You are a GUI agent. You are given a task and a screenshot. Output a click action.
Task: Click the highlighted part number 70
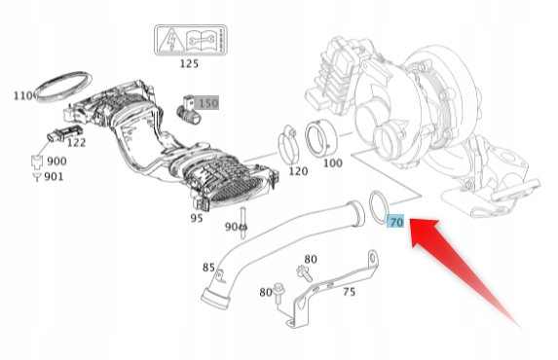[x=395, y=222]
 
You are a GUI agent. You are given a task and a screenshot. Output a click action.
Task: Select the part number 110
[x=22, y=95]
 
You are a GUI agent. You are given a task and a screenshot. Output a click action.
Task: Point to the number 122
[x=77, y=142]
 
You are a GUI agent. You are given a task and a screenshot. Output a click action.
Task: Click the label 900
[x=56, y=161]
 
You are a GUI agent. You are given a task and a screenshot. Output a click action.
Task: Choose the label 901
[x=54, y=176]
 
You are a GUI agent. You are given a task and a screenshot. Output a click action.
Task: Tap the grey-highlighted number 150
[x=208, y=102]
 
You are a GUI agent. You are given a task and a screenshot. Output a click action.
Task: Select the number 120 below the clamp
[x=298, y=170]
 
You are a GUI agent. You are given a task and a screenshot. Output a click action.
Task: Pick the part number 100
[x=332, y=162]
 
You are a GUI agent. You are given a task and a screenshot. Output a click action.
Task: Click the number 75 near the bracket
[x=348, y=291]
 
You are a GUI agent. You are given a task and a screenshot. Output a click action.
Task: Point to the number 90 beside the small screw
[x=231, y=226]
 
